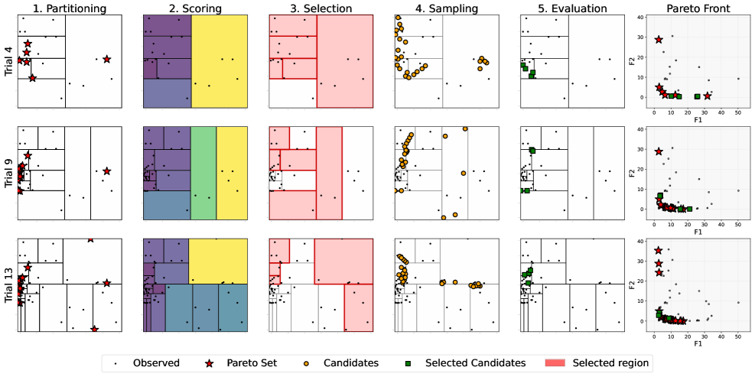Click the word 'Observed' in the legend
pos(156,362)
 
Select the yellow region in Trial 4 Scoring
pos(220,61)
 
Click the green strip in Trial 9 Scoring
pos(203,173)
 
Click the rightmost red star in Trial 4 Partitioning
pos(106,59)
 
